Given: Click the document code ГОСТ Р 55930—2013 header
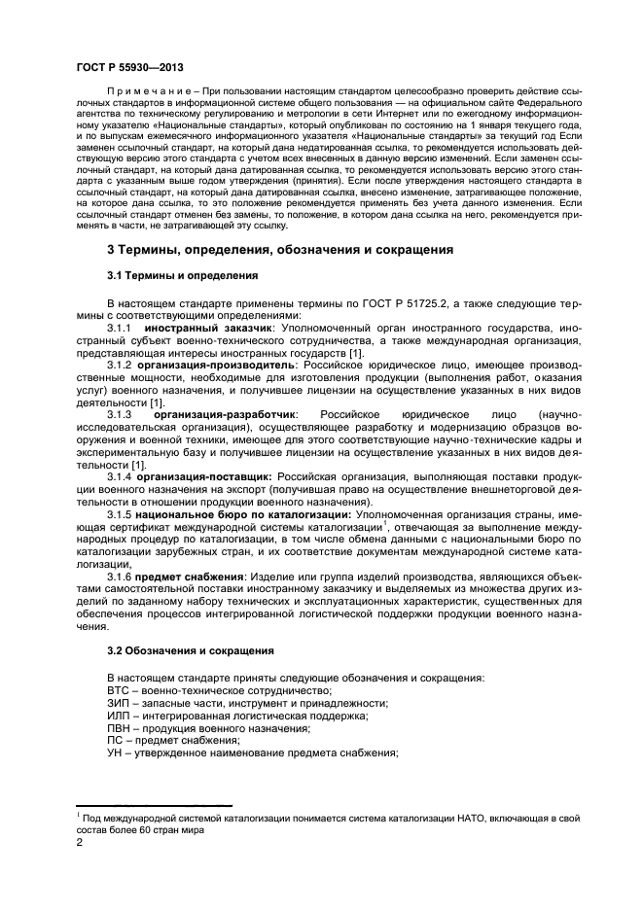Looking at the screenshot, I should [x=129, y=66].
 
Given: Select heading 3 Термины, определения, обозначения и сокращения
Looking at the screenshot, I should [x=280, y=250].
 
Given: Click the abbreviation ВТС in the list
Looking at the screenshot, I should [x=117, y=689].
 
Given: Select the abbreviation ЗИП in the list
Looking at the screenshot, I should [x=118, y=703].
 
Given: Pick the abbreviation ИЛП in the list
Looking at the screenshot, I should [x=118, y=716].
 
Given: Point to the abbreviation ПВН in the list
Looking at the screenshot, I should [x=118, y=728].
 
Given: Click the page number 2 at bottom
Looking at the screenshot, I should [x=80, y=843].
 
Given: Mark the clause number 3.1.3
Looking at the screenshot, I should [x=120, y=415].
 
